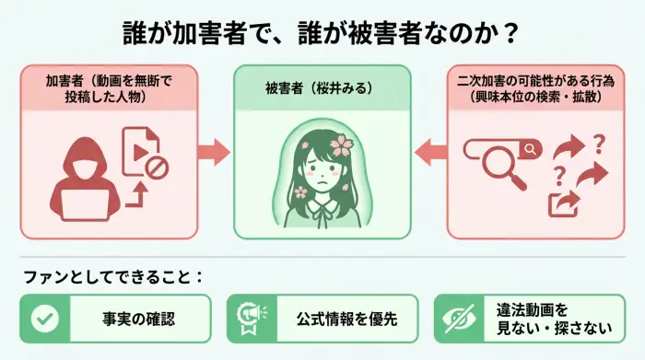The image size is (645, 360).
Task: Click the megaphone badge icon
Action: pyautogui.click(x=252, y=318)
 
